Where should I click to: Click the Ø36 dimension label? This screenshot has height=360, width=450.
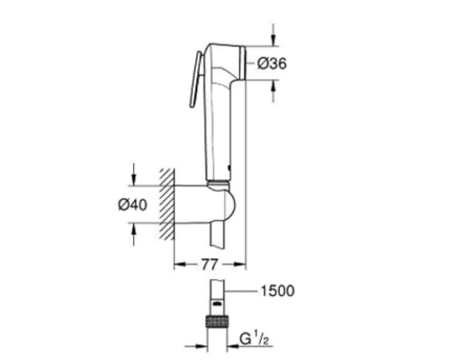[x=271, y=64]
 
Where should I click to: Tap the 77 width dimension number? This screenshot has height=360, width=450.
[x=210, y=265]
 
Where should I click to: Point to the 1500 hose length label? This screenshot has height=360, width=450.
[x=277, y=292]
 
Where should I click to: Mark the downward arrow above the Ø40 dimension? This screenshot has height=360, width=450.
[x=134, y=175]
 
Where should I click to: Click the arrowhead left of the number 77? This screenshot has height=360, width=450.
[x=177, y=265]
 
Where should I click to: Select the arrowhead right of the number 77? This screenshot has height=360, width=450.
[x=242, y=265]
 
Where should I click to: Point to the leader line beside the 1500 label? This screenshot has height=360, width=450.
[x=240, y=292]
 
